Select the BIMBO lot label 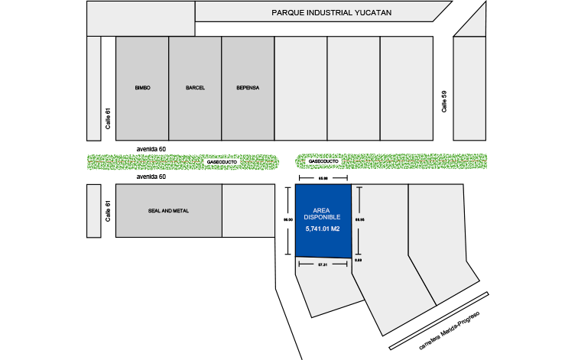point(142,88)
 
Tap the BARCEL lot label point(195,88)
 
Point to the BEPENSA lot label point(248,88)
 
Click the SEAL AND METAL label point(168,211)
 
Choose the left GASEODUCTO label point(222,162)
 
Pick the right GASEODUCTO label point(323,162)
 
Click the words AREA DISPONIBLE point(322,214)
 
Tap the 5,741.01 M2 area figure point(322,229)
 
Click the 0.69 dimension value point(358,261)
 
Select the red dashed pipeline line point(413,162)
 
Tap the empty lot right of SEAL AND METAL point(248,211)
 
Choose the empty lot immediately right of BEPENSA point(300,88)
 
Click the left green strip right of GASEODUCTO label point(260,162)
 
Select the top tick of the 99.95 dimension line point(357,186)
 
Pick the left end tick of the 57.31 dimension point(298,265)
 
